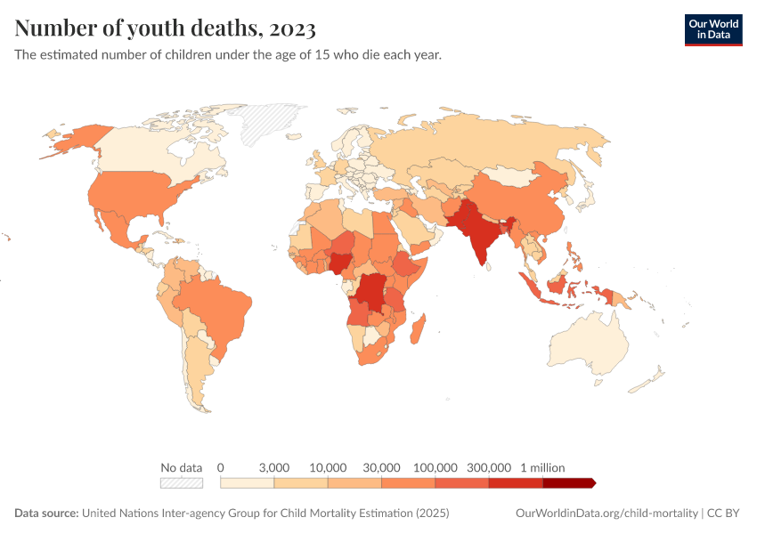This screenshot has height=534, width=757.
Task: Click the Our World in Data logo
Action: (x=712, y=29)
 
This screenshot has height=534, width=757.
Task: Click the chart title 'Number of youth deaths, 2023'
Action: (x=166, y=28)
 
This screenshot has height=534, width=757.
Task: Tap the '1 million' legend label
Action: (x=542, y=467)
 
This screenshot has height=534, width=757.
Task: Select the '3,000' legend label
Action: (x=274, y=467)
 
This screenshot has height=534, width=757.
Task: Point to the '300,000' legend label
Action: (x=489, y=467)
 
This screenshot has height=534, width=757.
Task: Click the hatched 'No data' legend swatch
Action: (x=182, y=483)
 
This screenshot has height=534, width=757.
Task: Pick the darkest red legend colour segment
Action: (x=568, y=483)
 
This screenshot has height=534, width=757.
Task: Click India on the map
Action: (x=482, y=236)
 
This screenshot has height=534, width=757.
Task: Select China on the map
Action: (x=525, y=200)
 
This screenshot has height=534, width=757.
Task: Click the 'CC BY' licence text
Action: (x=724, y=514)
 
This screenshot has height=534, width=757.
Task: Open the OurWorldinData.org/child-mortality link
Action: (x=606, y=514)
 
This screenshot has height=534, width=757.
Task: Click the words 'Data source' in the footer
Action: (x=45, y=514)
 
